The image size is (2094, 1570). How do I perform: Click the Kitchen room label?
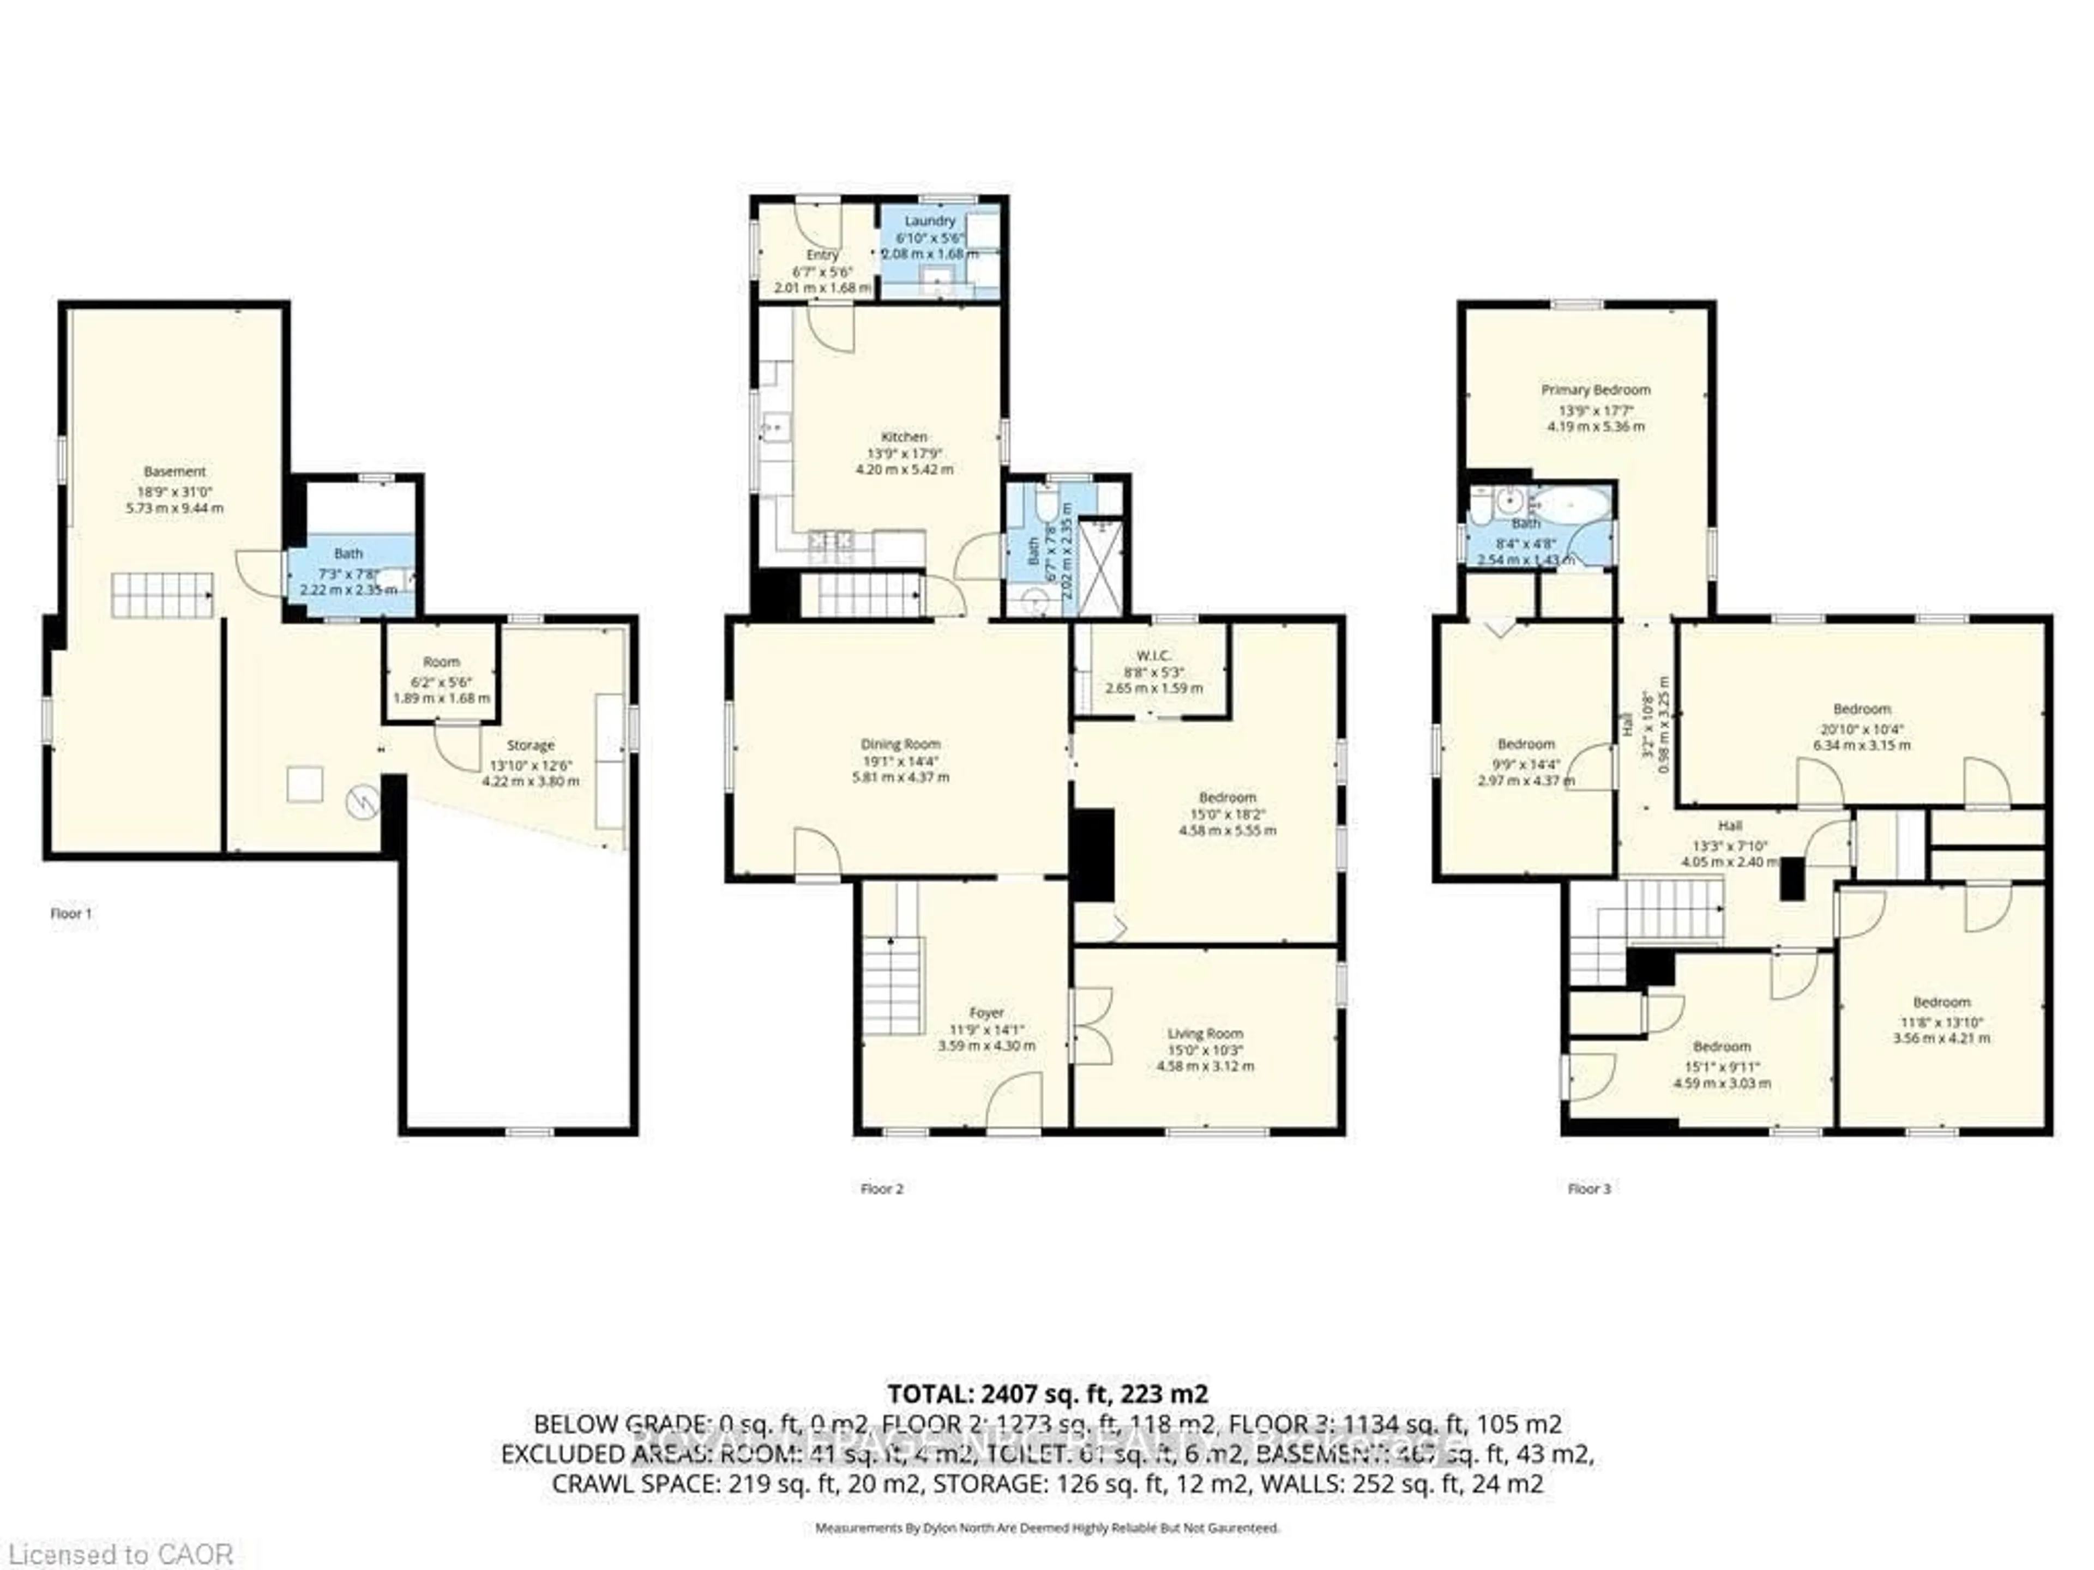pos(904,437)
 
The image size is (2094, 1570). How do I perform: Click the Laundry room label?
pos(930,220)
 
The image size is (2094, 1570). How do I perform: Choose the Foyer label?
pos(986,1013)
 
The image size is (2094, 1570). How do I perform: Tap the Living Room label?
pos(1205,1034)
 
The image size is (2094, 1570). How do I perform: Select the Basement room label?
pos(174,472)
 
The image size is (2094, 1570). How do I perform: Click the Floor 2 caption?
pos(881,1188)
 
